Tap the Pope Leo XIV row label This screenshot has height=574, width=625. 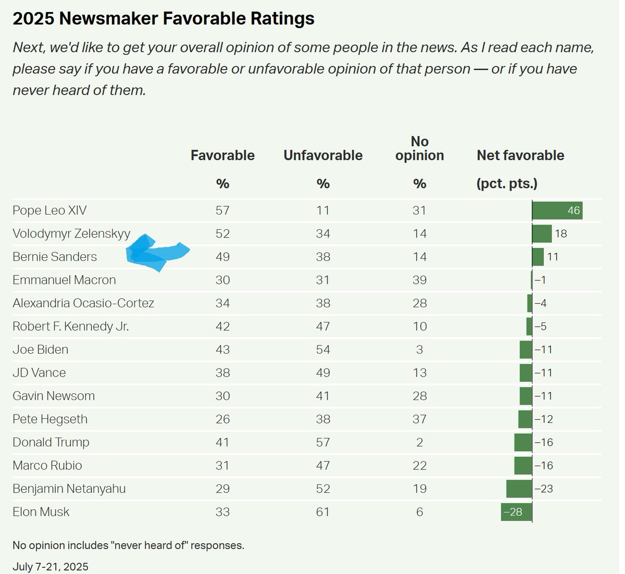point(49,210)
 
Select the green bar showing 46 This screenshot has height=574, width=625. point(557,210)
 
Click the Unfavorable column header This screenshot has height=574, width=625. point(323,155)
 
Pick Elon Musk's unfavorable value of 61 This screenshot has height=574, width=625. point(323,512)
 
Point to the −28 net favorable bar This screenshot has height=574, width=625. point(516,512)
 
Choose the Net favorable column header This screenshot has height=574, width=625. point(520,155)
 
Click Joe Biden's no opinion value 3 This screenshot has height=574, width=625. point(420,350)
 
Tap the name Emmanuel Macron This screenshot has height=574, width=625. point(64,280)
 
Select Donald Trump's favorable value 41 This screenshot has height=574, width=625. point(222,442)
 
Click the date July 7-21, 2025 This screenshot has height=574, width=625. point(51,567)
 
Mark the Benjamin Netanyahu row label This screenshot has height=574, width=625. point(69,489)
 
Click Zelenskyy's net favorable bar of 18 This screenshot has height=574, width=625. point(542,234)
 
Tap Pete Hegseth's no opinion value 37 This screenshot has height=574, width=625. point(420,419)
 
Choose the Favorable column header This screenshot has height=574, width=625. point(222,155)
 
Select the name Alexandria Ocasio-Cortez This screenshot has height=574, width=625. point(83,303)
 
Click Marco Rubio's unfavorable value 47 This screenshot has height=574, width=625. point(323,466)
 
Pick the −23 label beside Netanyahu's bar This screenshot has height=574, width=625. point(544,489)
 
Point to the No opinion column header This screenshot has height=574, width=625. point(420,148)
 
